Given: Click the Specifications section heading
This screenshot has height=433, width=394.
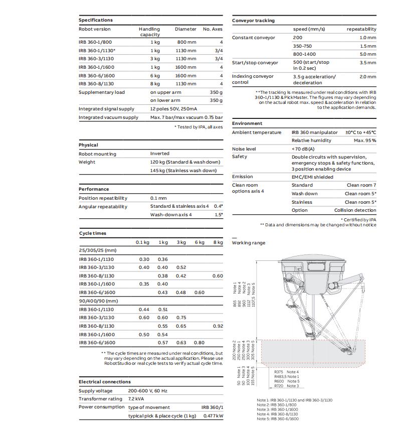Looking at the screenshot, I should pyautogui.click(x=96, y=20).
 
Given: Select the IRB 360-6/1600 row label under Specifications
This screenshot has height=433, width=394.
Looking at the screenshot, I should pyautogui.click(x=97, y=75).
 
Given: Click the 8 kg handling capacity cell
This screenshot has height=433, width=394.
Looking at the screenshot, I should pyautogui.click(x=155, y=84).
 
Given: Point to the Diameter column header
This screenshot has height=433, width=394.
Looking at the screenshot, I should pyautogui.click(x=185, y=29).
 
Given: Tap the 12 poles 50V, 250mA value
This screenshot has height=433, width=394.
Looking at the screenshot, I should pyautogui.click(x=173, y=109).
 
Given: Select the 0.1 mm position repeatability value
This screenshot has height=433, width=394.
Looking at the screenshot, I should pyautogui.click(x=158, y=198).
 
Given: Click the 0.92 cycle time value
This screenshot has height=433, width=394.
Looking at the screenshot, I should pyautogui.click(x=218, y=326).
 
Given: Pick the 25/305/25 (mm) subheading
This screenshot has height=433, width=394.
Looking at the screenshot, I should pyautogui.click(x=98, y=250).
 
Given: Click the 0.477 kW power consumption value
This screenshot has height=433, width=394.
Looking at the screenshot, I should pyautogui.click(x=213, y=416).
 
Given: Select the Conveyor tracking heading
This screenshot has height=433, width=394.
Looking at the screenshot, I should pyautogui.click(x=253, y=21).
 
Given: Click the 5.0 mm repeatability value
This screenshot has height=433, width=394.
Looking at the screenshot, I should pyautogui.click(x=367, y=54).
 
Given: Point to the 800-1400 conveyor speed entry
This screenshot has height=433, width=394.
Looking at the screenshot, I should pyautogui.click(x=305, y=54).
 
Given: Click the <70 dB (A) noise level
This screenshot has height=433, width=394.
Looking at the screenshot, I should pyautogui.click(x=303, y=149).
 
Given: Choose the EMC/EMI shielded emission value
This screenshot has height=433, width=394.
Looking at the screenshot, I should pyautogui.click(x=312, y=177).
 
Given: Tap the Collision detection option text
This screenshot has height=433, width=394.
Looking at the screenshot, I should pyautogui.click(x=355, y=210).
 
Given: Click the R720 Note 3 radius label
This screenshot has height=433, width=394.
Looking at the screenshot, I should pyautogui.click(x=286, y=386).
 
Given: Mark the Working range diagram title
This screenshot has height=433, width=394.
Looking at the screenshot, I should pyautogui.click(x=249, y=243).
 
